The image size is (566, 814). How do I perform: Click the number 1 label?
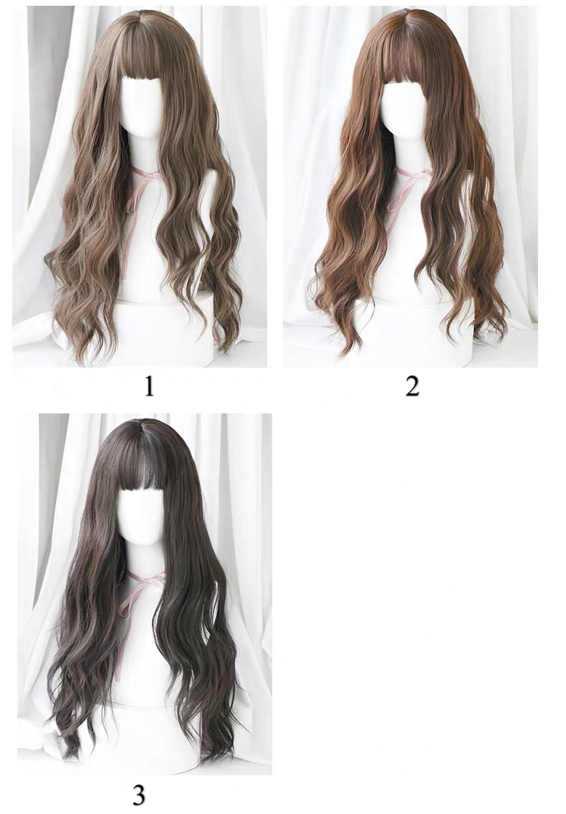(149, 386)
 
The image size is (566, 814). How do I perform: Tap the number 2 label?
(412, 386)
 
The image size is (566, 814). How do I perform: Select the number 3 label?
(139, 795)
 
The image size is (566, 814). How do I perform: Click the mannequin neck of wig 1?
(143, 153)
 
